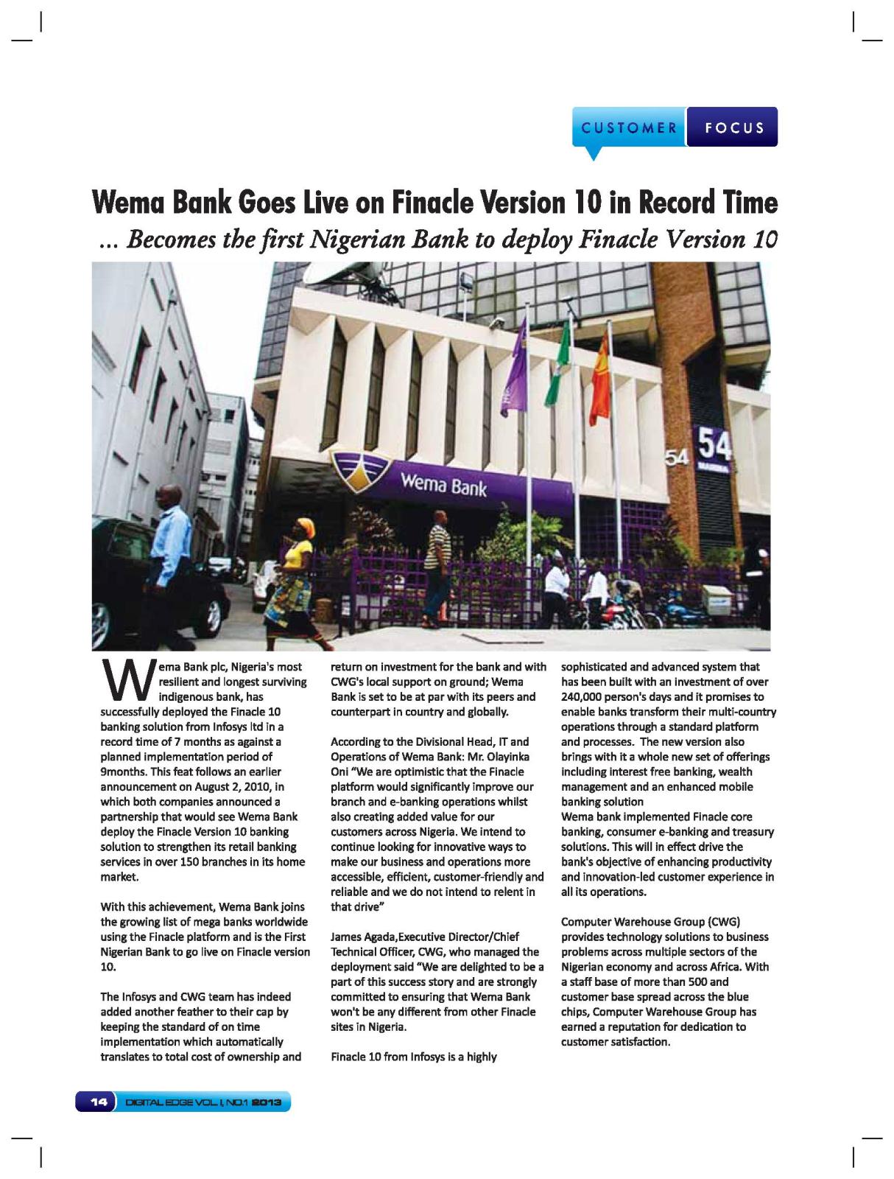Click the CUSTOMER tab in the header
click(x=629, y=127)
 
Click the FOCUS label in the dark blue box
click(x=733, y=127)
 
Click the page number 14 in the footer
click(x=97, y=1102)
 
